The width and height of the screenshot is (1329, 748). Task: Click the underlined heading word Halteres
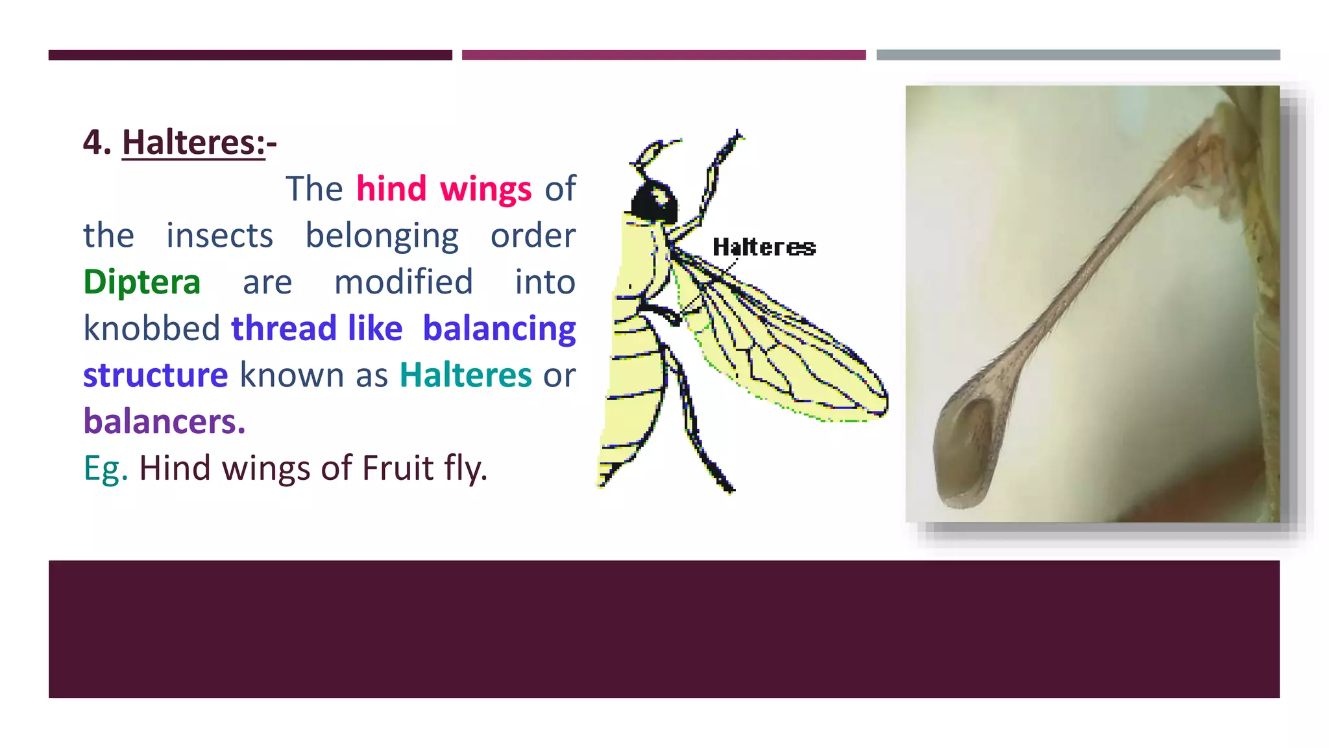(x=193, y=142)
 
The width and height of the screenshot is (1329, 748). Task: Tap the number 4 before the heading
(x=97, y=142)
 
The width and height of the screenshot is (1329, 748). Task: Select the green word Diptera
(x=142, y=282)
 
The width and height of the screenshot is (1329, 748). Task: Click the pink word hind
(x=391, y=189)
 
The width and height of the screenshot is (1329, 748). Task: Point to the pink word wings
(x=485, y=190)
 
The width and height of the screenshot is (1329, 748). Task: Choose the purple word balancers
(x=164, y=422)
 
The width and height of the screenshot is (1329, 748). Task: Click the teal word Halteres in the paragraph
(x=465, y=375)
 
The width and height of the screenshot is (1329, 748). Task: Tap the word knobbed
(x=152, y=329)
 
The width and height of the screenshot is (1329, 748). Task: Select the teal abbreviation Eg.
(x=105, y=469)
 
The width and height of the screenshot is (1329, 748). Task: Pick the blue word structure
(x=156, y=375)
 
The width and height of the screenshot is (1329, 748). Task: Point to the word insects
(x=219, y=236)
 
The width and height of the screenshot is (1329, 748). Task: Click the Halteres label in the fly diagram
(x=764, y=247)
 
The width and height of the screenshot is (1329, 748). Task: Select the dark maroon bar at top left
(x=250, y=55)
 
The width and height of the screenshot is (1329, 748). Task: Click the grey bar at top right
(x=1078, y=55)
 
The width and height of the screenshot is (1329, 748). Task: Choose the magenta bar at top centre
(x=663, y=55)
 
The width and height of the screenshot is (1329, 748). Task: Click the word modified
(x=403, y=282)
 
